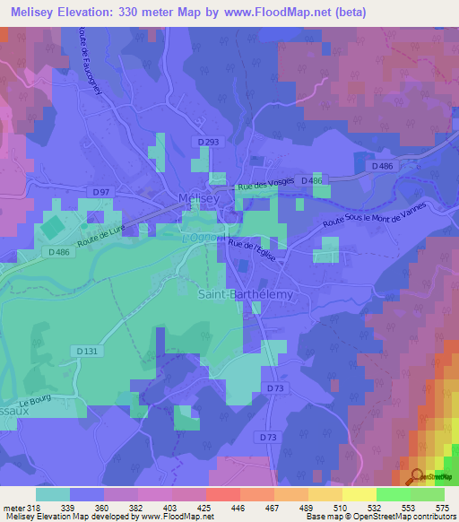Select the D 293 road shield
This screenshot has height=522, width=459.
tap(210, 142)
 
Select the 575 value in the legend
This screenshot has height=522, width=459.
tap(442, 508)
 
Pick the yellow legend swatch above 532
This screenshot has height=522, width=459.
tap(359, 494)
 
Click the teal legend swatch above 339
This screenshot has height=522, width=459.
tap(53, 494)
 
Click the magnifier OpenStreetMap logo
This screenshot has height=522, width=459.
tap(417, 477)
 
